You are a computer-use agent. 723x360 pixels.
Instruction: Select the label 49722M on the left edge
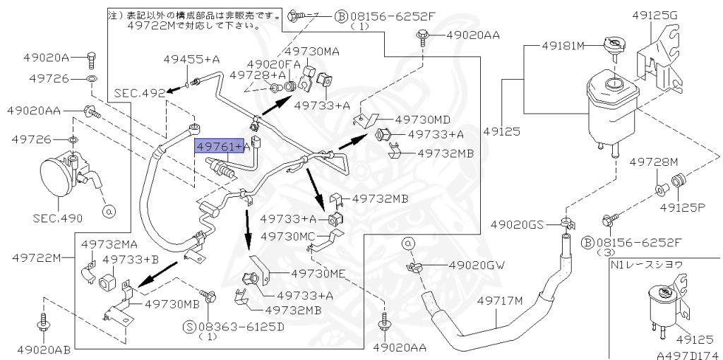[36, 258]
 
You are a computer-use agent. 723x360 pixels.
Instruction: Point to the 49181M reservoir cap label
[563, 45]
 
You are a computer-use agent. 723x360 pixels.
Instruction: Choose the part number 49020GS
[517, 225]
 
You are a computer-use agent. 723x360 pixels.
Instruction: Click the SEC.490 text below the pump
[58, 217]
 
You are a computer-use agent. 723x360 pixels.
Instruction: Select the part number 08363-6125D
[241, 327]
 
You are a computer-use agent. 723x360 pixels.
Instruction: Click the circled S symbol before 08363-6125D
[191, 328]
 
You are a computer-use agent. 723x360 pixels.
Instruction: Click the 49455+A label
[192, 59]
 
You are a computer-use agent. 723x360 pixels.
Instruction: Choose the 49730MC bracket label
[288, 236]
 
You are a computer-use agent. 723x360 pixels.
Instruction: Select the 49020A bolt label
[46, 58]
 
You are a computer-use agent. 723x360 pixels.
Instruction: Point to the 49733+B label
[131, 260]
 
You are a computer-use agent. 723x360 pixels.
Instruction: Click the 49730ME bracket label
[318, 274]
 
